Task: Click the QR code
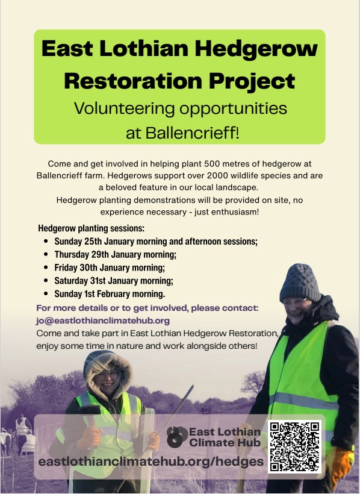295,447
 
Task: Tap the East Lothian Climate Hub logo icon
177,437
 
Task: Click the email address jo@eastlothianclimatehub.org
103,320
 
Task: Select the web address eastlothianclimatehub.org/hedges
151,461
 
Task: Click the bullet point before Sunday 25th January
46,242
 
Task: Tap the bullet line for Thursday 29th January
115,254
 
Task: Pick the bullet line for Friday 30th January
109,267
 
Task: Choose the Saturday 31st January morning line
114,281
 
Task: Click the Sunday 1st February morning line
110,294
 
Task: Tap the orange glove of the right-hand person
341,467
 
